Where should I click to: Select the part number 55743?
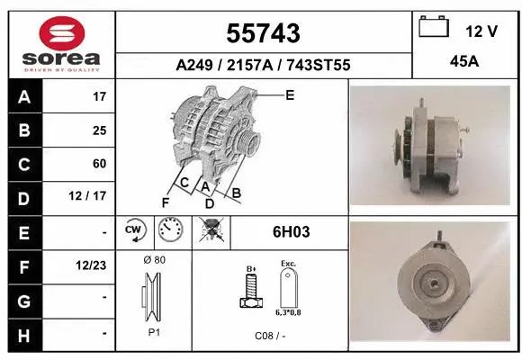[263, 33]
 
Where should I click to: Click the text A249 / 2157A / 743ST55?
[263, 65]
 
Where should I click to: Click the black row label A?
[23, 96]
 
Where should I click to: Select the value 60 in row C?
[98, 164]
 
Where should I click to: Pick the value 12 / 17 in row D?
[93, 197]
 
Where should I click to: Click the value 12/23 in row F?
[92, 266]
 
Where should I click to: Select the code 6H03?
[291, 232]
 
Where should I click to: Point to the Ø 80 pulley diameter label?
[154, 260]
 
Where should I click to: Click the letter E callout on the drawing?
[289, 94]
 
